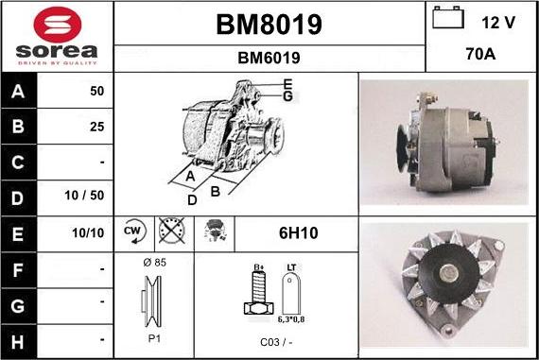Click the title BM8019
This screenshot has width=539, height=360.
pyautogui.click(x=269, y=25)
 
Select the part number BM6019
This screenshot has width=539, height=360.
pyautogui.click(x=269, y=58)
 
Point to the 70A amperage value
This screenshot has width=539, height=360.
pyautogui.click(x=480, y=56)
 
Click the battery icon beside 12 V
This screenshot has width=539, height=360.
pyautogui.click(x=448, y=19)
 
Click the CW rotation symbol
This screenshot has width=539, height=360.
pyautogui.click(x=132, y=231)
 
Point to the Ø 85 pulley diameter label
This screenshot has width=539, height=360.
pyautogui.click(x=153, y=262)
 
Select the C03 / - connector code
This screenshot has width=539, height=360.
pyautogui.click(x=275, y=342)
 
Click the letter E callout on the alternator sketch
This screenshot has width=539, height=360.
pyautogui.click(x=287, y=84)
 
